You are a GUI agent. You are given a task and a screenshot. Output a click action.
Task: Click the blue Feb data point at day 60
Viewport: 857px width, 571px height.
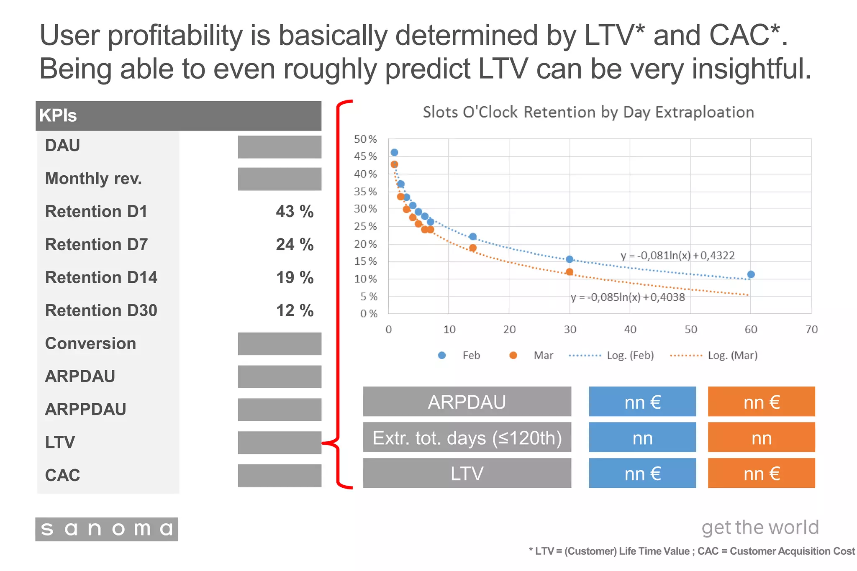[x=751, y=274]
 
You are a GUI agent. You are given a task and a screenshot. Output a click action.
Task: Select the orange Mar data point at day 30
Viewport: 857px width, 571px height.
[x=569, y=272]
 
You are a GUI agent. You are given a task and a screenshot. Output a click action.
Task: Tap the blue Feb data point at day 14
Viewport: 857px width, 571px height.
[x=473, y=237]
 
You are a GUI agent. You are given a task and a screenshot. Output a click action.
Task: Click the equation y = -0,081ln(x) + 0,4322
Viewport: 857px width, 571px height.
[x=677, y=255]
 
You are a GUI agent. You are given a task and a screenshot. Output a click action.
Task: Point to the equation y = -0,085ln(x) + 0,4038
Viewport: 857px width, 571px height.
[x=628, y=297]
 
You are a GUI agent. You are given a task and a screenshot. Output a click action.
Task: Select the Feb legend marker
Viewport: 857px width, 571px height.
[x=442, y=355]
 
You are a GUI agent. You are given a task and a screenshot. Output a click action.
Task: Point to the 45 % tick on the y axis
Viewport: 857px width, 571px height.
[x=365, y=156]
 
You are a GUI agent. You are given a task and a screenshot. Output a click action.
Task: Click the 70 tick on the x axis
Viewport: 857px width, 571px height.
[x=811, y=330]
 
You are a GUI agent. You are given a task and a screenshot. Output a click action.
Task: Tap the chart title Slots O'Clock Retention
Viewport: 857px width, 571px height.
[x=588, y=112]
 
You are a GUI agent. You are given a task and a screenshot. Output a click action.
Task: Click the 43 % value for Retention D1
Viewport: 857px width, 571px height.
[x=295, y=211]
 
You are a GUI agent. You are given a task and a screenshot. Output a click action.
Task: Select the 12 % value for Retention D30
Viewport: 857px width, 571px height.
[x=295, y=310]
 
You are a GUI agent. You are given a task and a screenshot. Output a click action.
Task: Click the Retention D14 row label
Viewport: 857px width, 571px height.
[x=101, y=277]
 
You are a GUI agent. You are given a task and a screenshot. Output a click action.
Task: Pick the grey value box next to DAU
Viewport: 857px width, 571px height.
[x=280, y=147]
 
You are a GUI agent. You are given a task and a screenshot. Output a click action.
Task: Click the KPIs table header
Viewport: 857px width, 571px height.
[x=178, y=115]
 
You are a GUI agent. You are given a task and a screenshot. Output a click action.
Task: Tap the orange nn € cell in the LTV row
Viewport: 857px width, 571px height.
[x=761, y=473]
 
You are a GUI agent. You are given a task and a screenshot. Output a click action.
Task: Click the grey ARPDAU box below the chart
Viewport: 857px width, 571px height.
[x=467, y=402]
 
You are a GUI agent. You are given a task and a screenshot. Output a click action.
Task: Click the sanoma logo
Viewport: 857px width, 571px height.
[x=106, y=529]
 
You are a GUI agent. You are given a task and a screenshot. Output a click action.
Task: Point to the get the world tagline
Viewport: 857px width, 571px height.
[x=760, y=527]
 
